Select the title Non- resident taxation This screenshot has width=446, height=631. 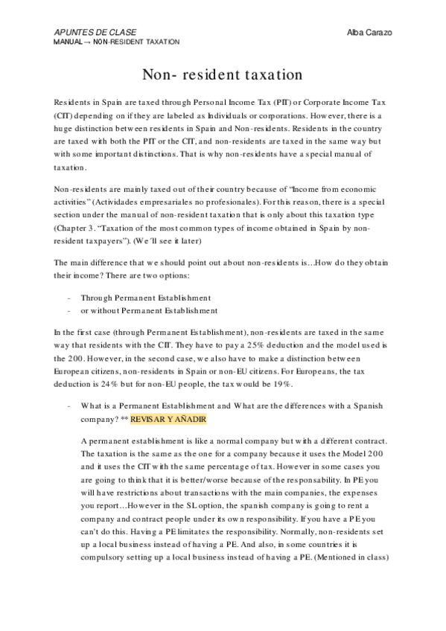pyautogui.click(x=222, y=74)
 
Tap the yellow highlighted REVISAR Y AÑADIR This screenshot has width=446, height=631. pyautogui.click(x=163, y=420)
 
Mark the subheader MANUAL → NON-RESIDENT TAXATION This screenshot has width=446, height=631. pyautogui.click(x=116, y=42)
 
